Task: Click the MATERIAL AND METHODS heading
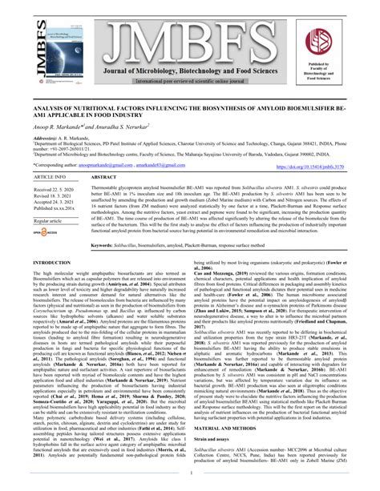(x=230, y=451)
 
